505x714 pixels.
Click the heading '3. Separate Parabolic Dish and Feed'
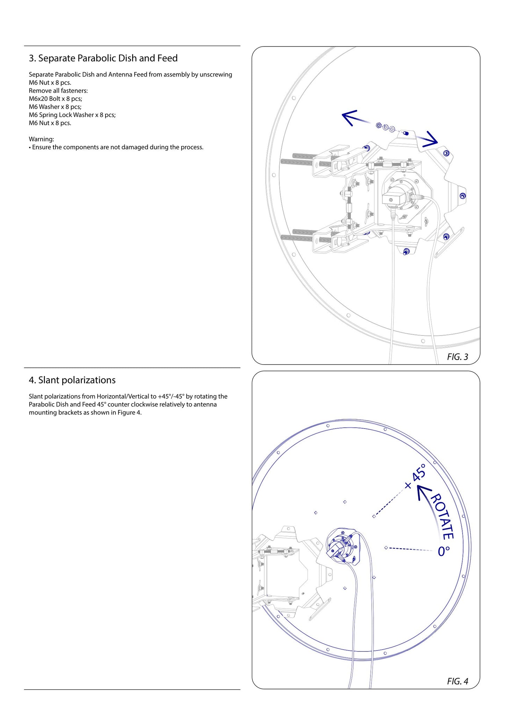pos(103,58)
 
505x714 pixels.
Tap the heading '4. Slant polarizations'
pos(72,380)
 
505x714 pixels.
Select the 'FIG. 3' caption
pos(457,357)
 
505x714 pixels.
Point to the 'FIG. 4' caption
pos(457,681)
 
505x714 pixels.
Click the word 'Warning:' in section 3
pos(41,139)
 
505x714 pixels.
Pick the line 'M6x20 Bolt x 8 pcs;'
pos(55,99)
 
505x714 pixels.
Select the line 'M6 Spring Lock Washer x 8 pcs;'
pos(72,115)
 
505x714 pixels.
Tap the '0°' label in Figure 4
pos(444,551)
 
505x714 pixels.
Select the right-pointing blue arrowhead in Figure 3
pos(430,139)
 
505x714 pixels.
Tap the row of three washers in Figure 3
pos(385,127)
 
